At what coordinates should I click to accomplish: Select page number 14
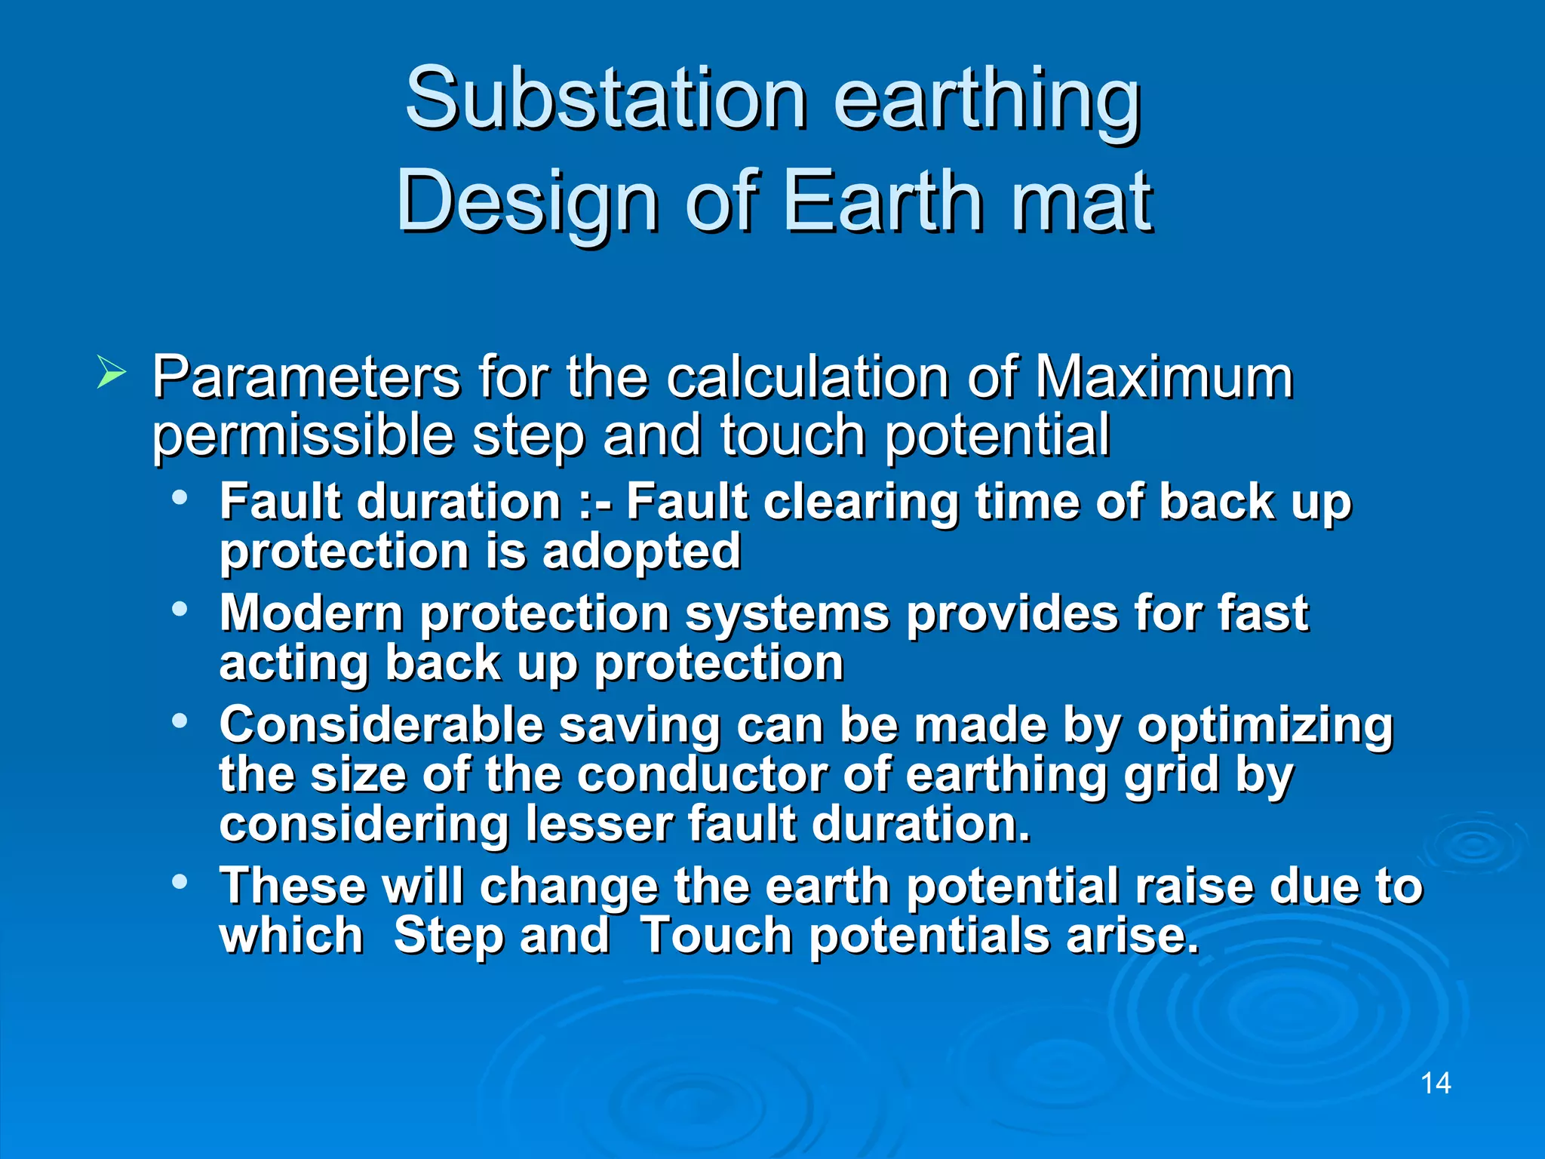[1435, 1084]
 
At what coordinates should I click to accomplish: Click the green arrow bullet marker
[111, 374]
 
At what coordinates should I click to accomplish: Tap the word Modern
[311, 613]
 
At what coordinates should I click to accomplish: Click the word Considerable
[381, 725]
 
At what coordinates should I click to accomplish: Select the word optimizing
[1264, 727]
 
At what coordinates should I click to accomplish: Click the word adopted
[641, 552]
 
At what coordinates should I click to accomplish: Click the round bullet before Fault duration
[180, 498]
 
